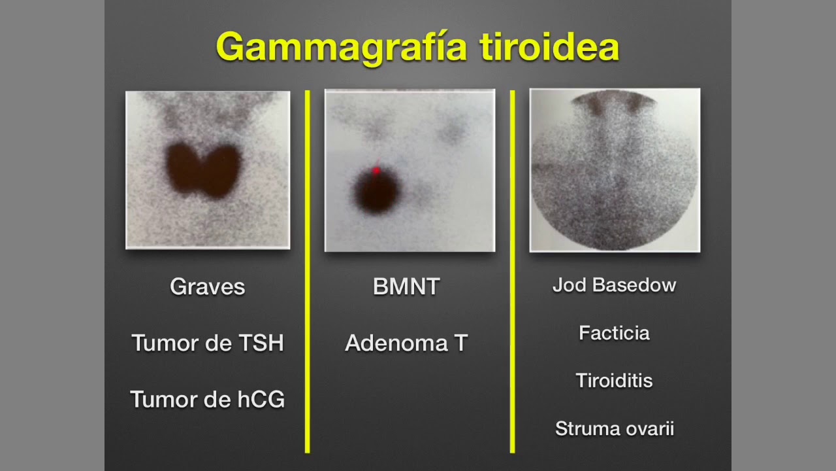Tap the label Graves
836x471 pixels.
point(207,287)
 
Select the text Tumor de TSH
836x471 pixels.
point(208,343)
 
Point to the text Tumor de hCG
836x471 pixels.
point(208,399)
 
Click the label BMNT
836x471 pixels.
point(406,287)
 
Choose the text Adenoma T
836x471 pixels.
point(406,343)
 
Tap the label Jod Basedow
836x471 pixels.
point(614,285)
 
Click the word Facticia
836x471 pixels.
point(614,333)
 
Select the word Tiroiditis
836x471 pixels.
point(614,381)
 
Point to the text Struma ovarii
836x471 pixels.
point(614,428)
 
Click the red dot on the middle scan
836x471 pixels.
point(376,171)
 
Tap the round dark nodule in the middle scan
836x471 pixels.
point(376,192)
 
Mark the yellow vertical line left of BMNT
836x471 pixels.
point(308,271)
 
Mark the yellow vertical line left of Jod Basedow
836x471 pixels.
point(513,271)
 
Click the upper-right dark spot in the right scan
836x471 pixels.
point(634,105)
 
